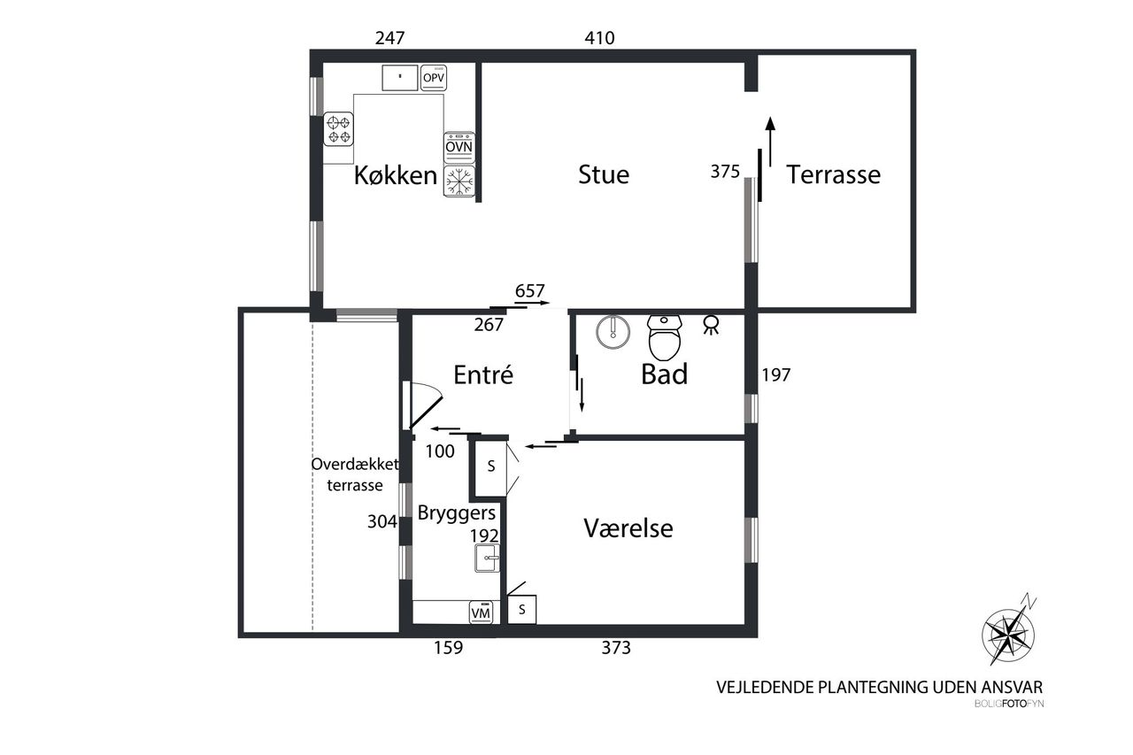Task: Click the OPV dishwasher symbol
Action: click(434, 78)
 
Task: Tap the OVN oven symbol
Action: click(459, 147)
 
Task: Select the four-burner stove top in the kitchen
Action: click(338, 129)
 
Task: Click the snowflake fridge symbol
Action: click(459, 181)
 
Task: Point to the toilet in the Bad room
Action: click(665, 337)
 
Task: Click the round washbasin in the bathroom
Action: click(613, 332)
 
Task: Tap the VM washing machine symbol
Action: click(481, 612)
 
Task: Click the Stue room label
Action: click(604, 175)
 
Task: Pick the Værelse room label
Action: click(628, 528)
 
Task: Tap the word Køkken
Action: click(396, 175)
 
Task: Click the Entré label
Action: click(483, 374)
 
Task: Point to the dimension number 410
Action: click(599, 38)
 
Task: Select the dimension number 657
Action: click(529, 291)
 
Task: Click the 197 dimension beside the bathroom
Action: click(776, 374)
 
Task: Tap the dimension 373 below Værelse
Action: click(616, 647)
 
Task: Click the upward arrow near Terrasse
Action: click(770, 142)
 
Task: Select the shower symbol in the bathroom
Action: click(711, 325)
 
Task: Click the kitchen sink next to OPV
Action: click(399, 78)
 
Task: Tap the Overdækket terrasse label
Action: click(355, 474)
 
